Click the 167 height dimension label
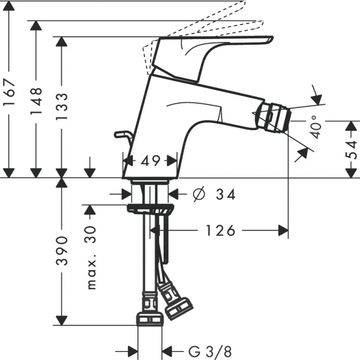coord(9,92)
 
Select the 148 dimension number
coord(36,101)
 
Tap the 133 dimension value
coord(62,106)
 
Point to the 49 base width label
coord(150,161)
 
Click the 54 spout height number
coord(352,150)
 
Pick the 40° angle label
coord(316,127)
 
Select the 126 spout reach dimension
coord(220,230)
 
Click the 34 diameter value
coord(226,194)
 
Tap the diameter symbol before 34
coord(199,194)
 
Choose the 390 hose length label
coord(62,251)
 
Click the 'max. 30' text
coord(91,257)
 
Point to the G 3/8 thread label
coord(210,351)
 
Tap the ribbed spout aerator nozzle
coord(274,118)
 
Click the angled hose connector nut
coord(179,309)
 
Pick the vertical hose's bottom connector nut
coord(149,319)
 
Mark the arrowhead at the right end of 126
coord(283,230)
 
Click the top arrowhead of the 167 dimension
coord(9,6)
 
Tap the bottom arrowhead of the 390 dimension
coord(62,320)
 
